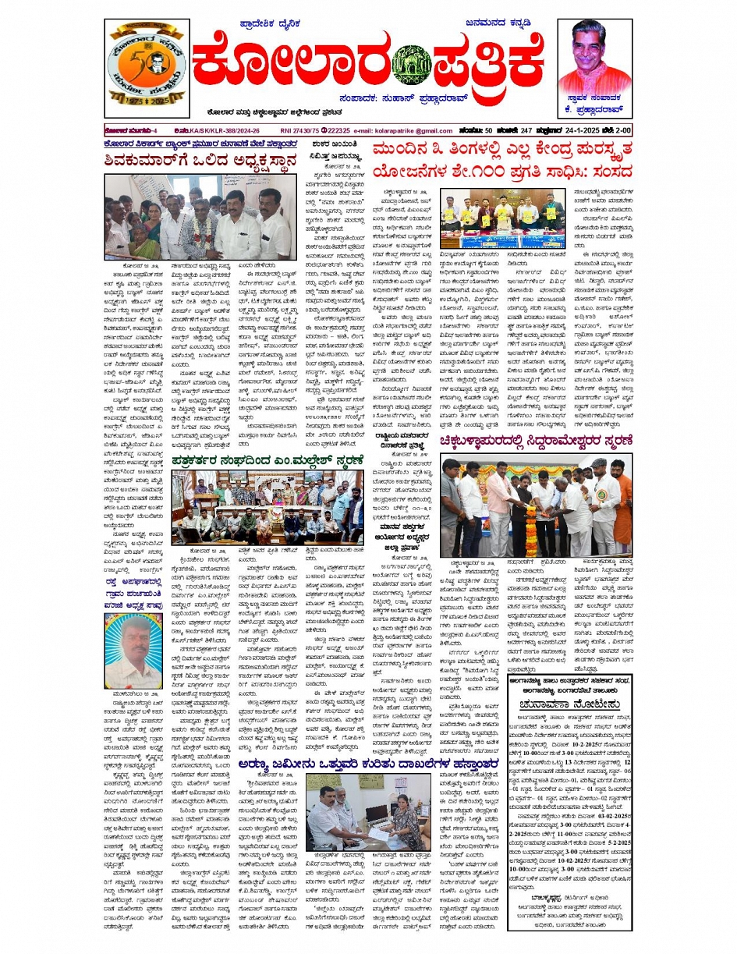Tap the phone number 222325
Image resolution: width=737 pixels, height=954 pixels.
[338, 131]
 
